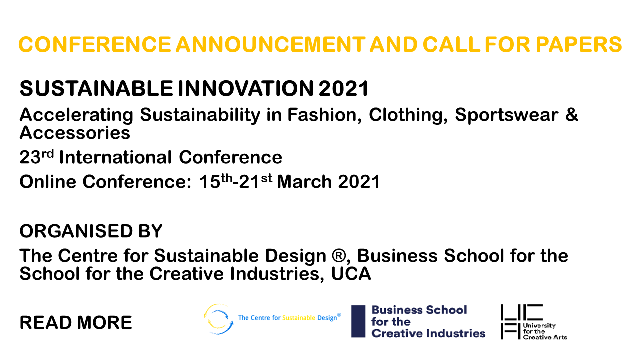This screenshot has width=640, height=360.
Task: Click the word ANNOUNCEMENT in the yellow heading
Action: [270, 45]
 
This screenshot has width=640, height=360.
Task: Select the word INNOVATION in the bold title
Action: [245, 88]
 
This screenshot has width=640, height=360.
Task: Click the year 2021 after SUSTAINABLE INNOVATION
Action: [343, 88]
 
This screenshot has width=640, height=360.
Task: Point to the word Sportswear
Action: [506, 115]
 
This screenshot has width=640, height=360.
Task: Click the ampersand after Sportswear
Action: [571, 115]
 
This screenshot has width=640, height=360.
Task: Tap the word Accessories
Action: [75, 133]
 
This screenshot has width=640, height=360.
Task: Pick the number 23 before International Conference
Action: [30, 157]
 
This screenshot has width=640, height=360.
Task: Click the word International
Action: [115, 157]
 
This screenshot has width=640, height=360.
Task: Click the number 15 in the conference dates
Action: [210, 182]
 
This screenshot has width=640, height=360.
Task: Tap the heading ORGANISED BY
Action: [91, 231]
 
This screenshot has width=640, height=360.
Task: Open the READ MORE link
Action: [76, 323]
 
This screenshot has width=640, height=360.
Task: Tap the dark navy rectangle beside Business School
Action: [358, 321]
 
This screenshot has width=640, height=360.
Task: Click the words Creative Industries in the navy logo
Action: [428, 333]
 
